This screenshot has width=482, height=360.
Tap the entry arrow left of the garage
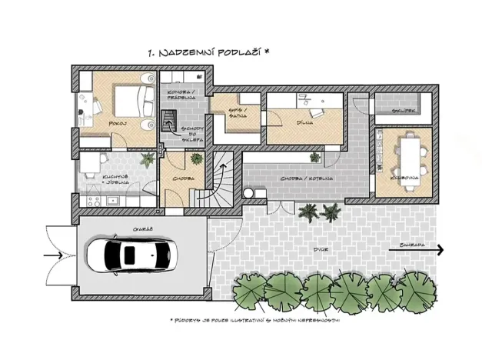55,255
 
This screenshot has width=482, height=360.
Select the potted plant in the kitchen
146,160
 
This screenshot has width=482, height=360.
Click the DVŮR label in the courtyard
315,249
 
